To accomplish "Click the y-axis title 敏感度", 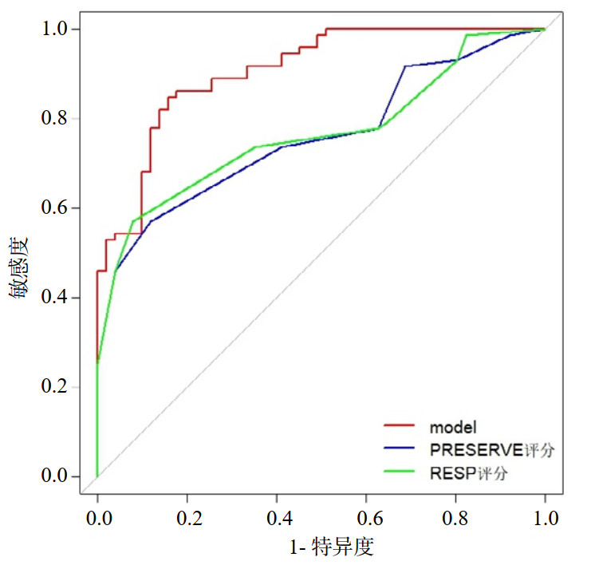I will pos(21,267).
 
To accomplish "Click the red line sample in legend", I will pos(401,428).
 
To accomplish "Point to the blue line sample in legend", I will pos(401,450).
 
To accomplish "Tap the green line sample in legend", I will pos(401,473).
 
